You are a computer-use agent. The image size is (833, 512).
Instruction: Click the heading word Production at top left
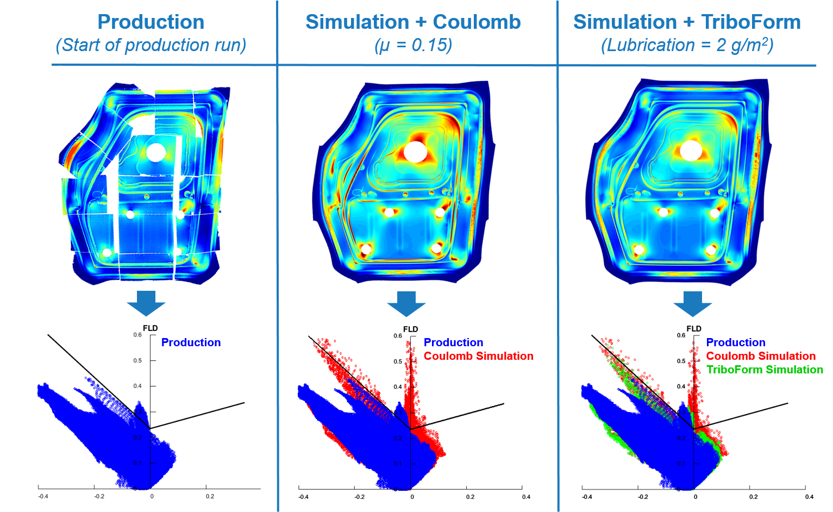[x=151, y=22]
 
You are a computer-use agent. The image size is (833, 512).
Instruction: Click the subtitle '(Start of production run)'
[x=151, y=45]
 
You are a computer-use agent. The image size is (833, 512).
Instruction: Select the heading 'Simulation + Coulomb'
[x=412, y=22]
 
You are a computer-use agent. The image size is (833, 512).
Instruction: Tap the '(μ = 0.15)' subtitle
[x=413, y=45]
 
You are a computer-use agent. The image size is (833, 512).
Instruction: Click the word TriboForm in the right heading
[x=751, y=22]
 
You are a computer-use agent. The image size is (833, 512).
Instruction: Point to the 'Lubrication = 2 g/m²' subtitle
[x=687, y=45]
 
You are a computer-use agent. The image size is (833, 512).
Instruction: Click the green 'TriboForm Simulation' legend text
[x=765, y=370]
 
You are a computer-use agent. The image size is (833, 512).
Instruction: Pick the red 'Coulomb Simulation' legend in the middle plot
[x=478, y=356]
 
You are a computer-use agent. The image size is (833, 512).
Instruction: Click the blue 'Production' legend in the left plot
[x=191, y=342]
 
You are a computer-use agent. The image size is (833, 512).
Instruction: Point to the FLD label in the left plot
[x=151, y=328]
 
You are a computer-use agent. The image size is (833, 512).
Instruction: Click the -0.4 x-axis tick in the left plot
[x=43, y=496]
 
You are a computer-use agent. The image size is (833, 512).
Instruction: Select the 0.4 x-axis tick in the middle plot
[x=526, y=497]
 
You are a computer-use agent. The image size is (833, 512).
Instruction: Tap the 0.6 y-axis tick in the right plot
[x=681, y=335]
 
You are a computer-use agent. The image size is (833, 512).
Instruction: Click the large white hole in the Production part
[x=156, y=153]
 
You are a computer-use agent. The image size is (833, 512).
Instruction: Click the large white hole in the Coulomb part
[x=416, y=152]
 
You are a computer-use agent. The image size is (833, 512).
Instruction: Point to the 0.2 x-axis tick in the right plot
[x=753, y=497]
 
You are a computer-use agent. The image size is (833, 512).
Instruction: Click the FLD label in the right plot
[x=694, y=328]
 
